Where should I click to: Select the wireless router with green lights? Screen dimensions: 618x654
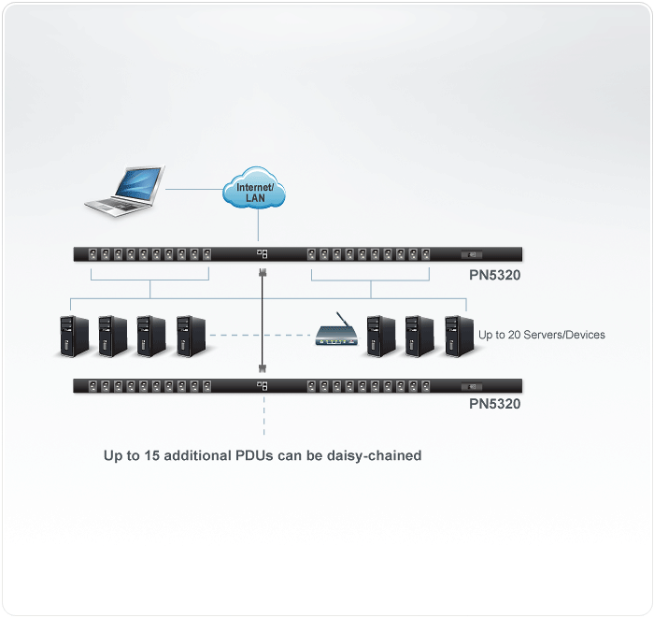click(334, 333)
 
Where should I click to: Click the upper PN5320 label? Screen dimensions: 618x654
click(494, 276)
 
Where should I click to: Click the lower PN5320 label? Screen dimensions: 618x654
click(494, 405)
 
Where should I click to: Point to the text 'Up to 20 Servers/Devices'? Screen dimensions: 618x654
click(542, 335)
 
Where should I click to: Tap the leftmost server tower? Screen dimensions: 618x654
click(72, 334)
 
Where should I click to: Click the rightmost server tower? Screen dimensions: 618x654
click(458, 334)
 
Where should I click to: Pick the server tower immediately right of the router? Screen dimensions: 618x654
click(379, 334)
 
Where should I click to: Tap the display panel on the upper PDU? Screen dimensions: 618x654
click(472, 254)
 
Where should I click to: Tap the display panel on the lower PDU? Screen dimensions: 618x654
click(472, 385)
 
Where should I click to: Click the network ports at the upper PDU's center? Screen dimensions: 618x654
click(263, 254)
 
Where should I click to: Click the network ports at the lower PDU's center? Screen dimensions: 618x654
click(263, 385)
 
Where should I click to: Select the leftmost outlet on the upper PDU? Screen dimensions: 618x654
click(92, 254)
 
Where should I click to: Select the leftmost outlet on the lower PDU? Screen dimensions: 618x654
click(92, 385)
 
